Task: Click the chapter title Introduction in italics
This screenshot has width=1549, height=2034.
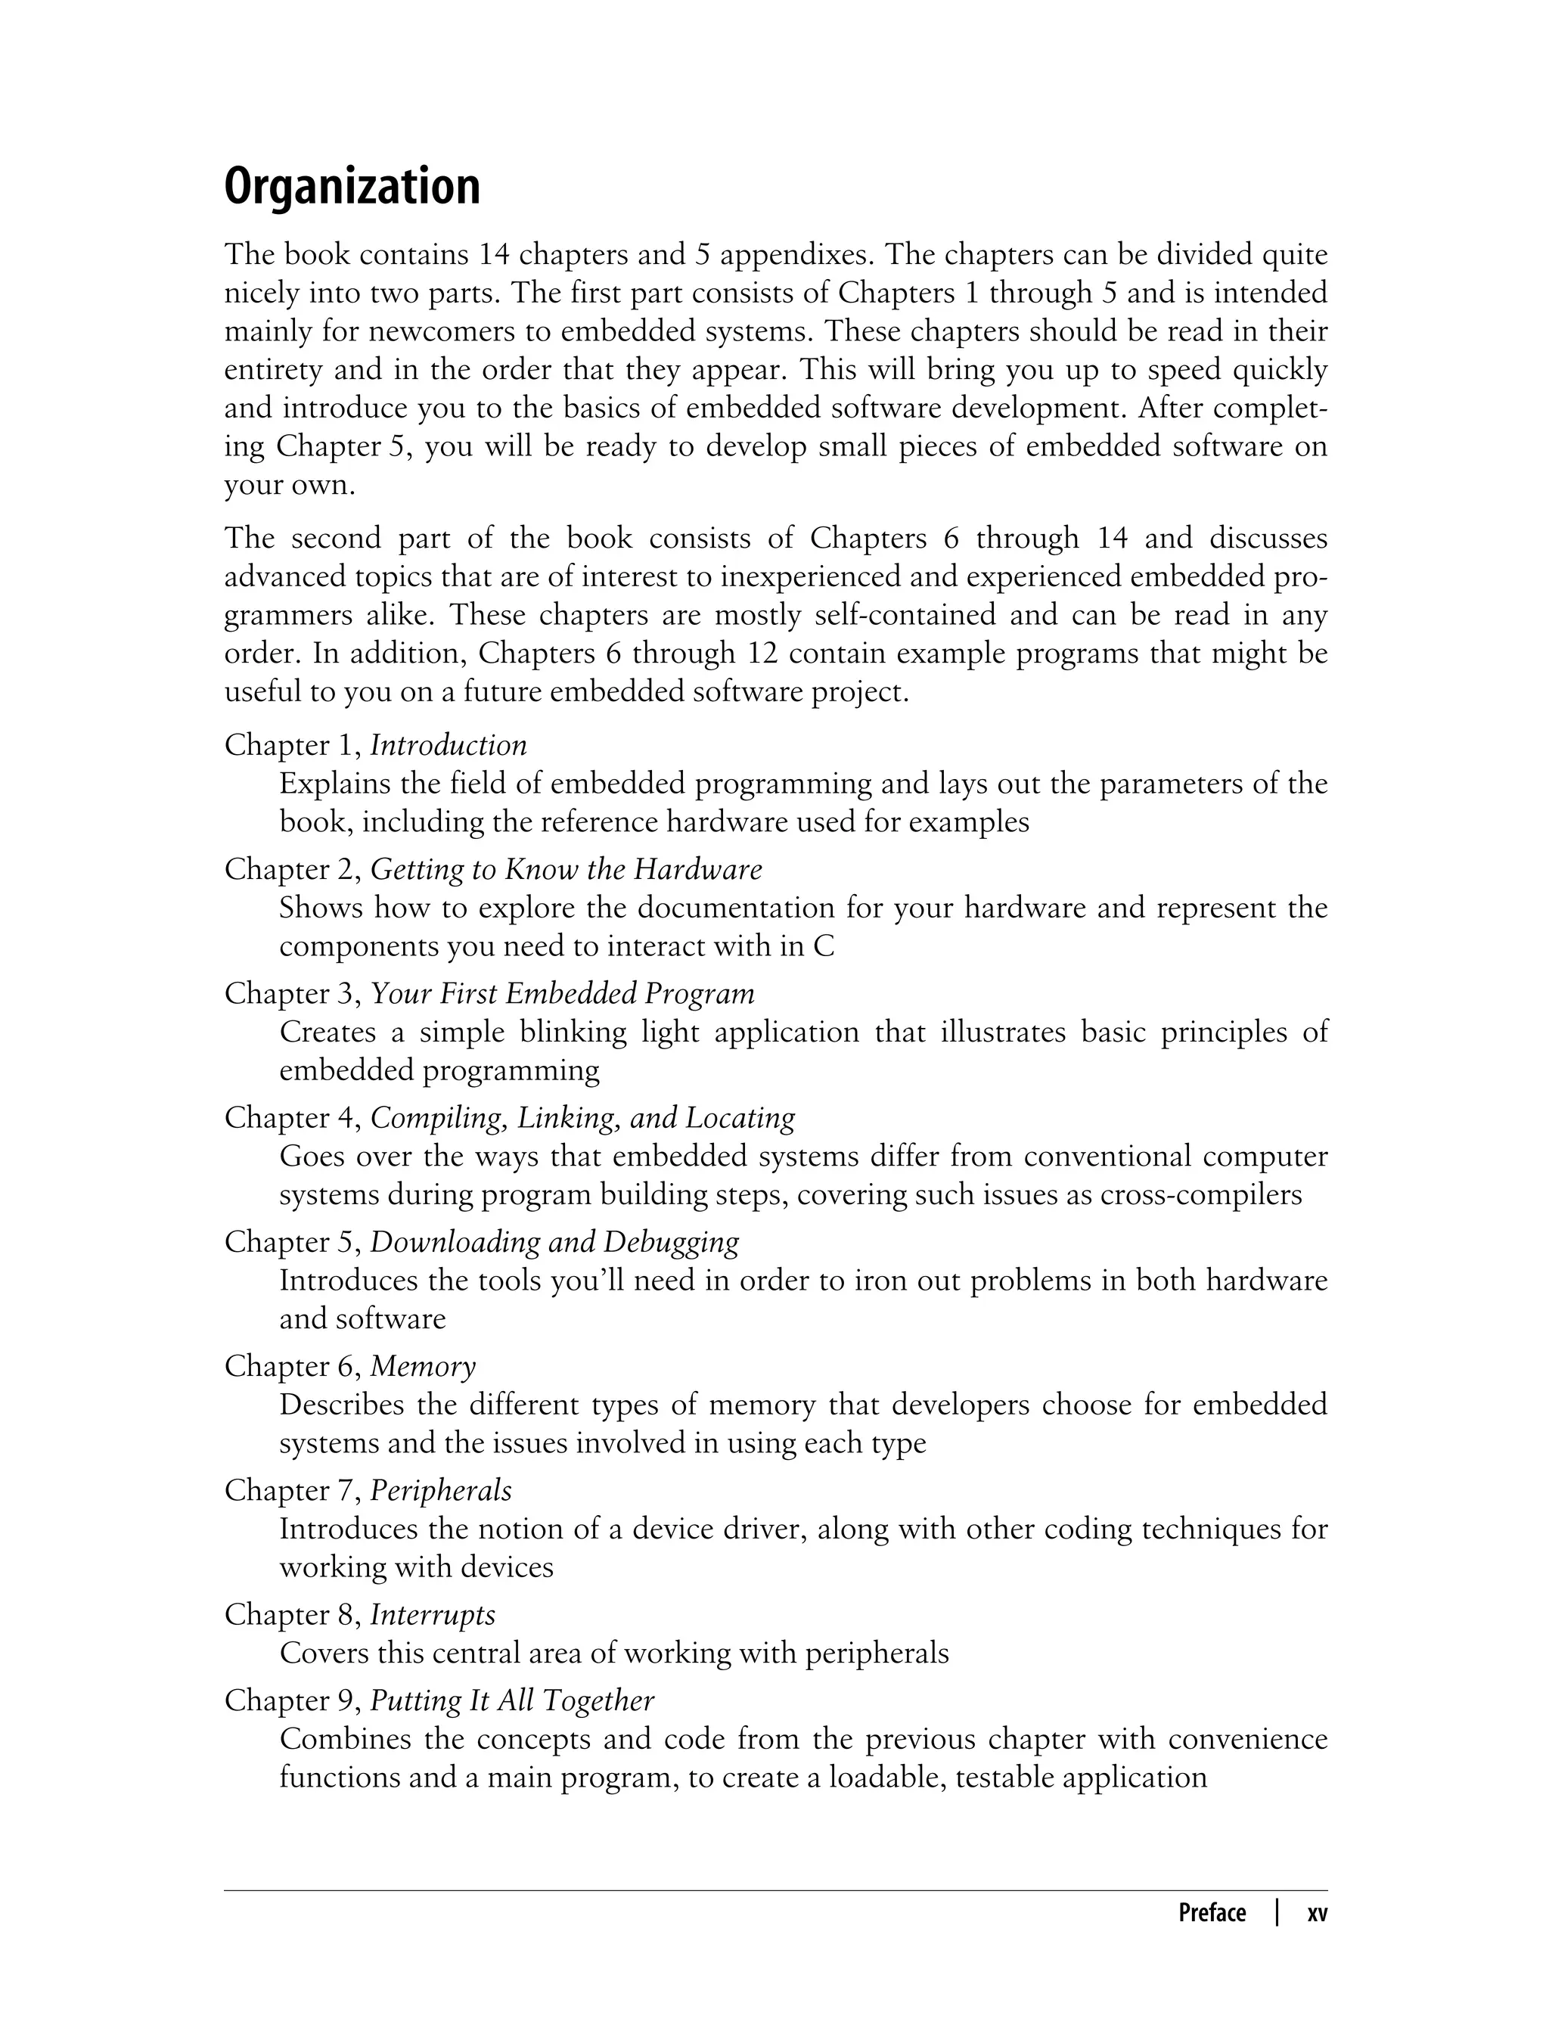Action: (448, 745)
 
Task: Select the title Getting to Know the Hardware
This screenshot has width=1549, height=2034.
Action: (566, 869)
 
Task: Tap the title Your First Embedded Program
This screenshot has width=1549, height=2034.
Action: (563, 993)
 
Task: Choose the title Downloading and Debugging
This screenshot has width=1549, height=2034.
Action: (554, 1242)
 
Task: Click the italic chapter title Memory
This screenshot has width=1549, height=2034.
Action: (424, 1365)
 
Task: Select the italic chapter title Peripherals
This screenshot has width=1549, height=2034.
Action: (441, 1490)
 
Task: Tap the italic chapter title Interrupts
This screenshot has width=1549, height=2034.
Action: (433, 1614)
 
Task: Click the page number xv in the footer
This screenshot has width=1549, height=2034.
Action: (1318, 1913)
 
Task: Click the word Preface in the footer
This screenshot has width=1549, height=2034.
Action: (1212, 1913)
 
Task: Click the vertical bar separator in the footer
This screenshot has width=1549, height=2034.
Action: (1277, 1912)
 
